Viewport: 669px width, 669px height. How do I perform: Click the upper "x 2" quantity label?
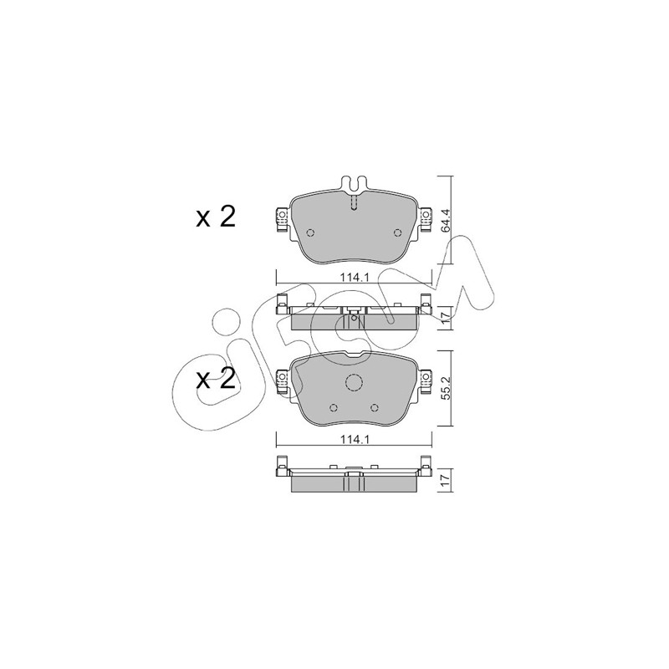point(216,217)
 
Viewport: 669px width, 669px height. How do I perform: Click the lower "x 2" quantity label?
point(216,379)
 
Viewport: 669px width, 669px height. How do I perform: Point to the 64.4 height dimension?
point(446,220)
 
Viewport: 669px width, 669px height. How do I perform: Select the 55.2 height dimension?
point(446,388)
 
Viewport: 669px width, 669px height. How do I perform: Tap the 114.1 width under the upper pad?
point(354,278)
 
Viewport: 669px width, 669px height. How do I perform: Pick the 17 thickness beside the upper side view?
point(446,318)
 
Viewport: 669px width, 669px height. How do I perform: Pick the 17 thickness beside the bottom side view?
point(446,479)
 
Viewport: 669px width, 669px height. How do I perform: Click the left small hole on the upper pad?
point(310,232)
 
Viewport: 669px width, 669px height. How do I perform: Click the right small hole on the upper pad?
point(398,232)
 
